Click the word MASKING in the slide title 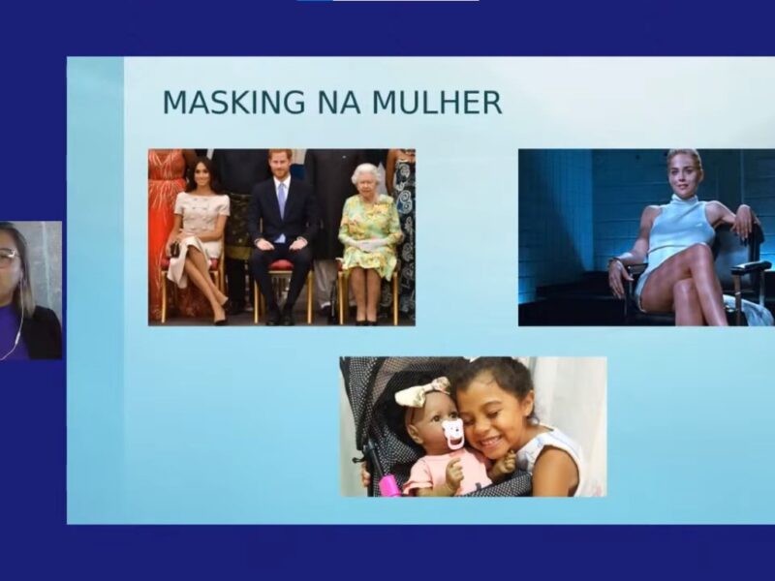(233, 103)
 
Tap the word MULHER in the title (437, 103)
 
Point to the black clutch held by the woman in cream (174, 249)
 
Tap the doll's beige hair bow (422, 391)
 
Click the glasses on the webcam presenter (9, 257)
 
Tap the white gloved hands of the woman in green (369, 245)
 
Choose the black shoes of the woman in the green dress (366, 322)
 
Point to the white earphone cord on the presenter (14, 336)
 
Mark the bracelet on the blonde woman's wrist (614, 262)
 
